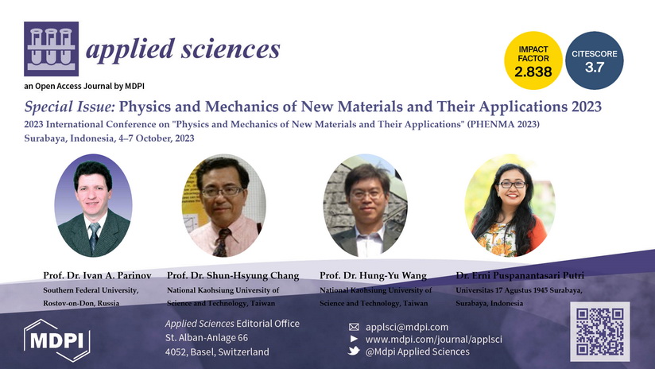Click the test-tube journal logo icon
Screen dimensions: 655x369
[x=52, y=49]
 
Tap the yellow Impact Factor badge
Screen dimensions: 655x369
[x=533, y=60]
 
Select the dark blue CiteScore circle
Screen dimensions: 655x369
[x=595, y=60]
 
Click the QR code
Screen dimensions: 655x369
[x=600, y=332]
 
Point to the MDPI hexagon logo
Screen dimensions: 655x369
[x=56, y=340]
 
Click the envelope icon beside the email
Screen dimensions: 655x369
[x=354, y=327]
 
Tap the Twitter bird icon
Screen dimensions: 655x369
[x=354, y=351]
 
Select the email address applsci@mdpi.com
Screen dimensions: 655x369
[x=407, y=327]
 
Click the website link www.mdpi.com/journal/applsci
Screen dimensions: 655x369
[x=433, y=340]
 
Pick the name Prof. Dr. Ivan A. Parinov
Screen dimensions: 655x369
[x=97, y=275]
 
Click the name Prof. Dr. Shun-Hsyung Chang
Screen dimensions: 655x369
[x=233, y=276]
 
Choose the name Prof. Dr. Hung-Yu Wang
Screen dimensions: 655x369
[x=373, y=276]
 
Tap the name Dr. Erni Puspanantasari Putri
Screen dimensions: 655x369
[x=520, y=275]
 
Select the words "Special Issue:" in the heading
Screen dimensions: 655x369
[x=69, y=107]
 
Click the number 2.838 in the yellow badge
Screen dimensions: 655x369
[x=533, y=72]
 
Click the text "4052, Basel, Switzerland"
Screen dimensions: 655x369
[x=217, y=352]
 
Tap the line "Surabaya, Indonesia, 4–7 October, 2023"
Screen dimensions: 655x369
[x=109, y=138]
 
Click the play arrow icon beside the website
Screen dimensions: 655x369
[x=354, y=339]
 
